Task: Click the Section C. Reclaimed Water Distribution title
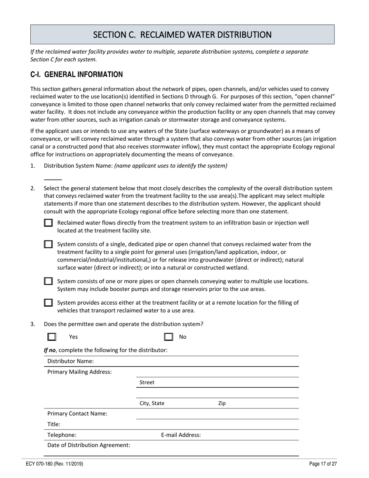182,35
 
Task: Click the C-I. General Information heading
77,75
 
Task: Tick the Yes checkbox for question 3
52,337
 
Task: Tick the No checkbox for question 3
169,337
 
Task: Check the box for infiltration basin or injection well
48,223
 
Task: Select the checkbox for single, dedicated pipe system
48,244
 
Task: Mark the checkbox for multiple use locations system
48,281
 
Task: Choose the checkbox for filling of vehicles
48,302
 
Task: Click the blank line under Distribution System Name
53,179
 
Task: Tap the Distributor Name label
71,361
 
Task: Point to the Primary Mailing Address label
80,372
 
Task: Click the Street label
147,382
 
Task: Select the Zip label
222,403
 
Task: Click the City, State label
152,403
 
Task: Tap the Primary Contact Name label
77,414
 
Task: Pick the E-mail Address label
181,435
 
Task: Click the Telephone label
62,435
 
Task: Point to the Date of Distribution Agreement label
89,445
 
